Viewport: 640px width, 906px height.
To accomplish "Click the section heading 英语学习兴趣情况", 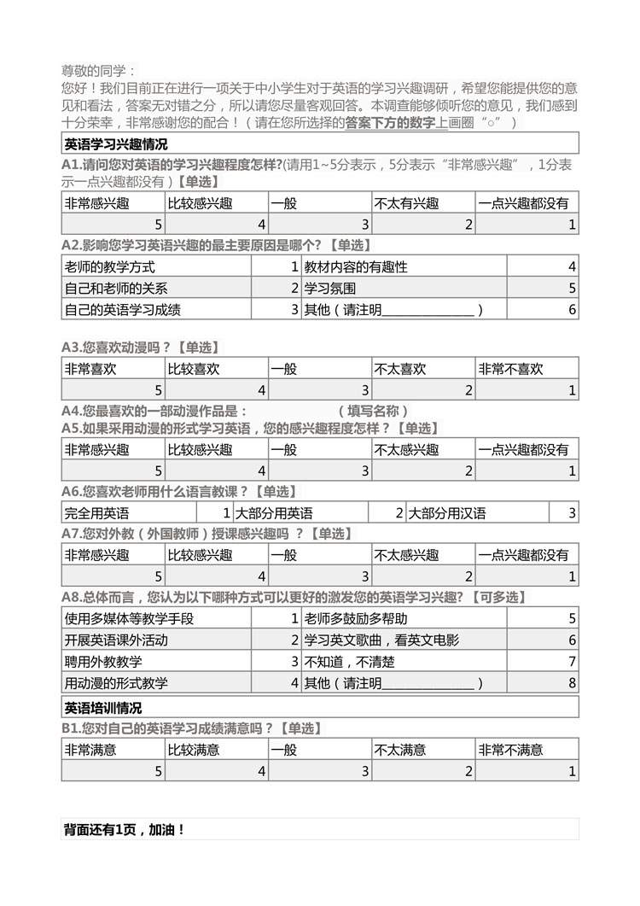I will (x=116, y=143).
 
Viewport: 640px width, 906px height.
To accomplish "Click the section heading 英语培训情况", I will (x=103, y=707).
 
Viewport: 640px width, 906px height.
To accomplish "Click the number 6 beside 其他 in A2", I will (x=572, y=310).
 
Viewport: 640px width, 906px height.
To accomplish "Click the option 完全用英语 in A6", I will (x=96, y=513).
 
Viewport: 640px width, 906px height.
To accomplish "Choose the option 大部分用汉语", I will (x=447, y=513).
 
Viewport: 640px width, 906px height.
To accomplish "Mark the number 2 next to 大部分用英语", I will (x=399, y=513).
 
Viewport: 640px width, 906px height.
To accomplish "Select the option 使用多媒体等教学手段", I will (x=129, y=618).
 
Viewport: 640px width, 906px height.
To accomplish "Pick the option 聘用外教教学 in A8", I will (x=103, y=662).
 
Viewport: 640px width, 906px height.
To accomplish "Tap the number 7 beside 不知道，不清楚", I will (x=572, y=662).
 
